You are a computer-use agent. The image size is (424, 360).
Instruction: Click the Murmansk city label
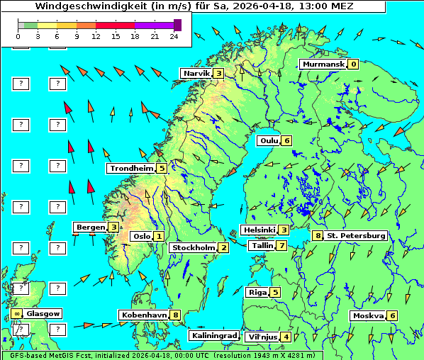pos(323,64)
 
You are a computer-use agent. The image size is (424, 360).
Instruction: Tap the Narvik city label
pos(196,73)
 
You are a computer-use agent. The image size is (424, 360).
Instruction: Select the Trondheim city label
pos(131,168)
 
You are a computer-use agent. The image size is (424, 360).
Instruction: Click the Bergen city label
pos(91,227)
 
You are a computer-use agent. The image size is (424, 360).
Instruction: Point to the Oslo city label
pos(141,236)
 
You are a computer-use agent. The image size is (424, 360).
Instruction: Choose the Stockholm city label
pos(192,247)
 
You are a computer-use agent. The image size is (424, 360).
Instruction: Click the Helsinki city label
pos(258,230)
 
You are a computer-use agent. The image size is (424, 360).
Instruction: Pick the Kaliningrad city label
pos(213,335)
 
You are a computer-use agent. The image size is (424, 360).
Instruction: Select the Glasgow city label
pos(43,313)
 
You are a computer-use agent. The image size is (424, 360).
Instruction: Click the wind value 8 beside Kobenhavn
pos(175,315)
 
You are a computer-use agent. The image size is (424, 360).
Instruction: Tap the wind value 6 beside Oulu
pos(286,140)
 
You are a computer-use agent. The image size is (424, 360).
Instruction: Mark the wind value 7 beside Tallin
pos(281,246)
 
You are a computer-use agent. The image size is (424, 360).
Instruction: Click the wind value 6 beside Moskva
pos(391,315)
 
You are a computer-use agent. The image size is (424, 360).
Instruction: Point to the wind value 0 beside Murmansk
pos(352,64)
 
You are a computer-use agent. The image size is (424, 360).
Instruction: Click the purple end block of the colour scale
pos(177,25)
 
